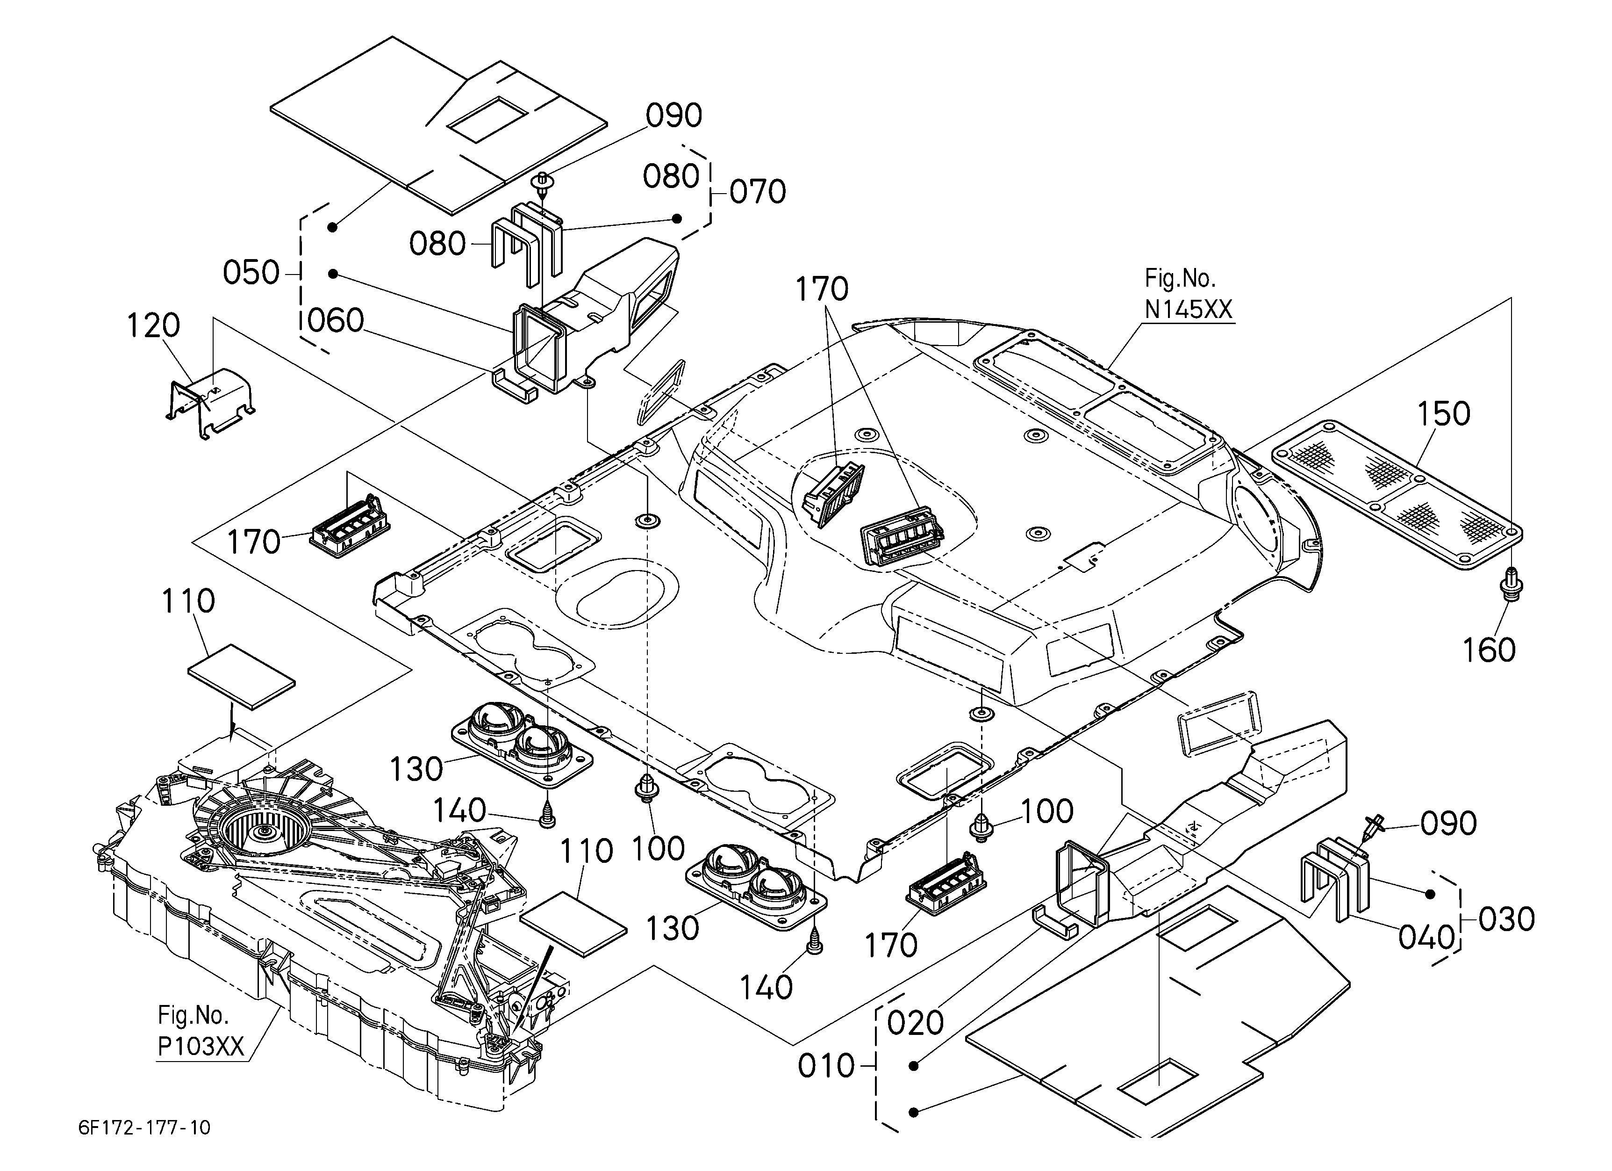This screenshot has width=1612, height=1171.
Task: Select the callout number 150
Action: [1444, 414]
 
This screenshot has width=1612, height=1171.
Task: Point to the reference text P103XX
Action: [201, 1047]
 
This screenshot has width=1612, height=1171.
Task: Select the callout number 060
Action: [336, 321]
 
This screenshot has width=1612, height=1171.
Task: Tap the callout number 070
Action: [758, 192]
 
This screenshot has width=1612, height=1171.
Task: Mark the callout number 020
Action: [916, 1023]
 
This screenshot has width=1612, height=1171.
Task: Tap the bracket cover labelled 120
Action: [210, 402]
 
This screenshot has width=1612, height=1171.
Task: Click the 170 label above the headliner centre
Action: [822, 289]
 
